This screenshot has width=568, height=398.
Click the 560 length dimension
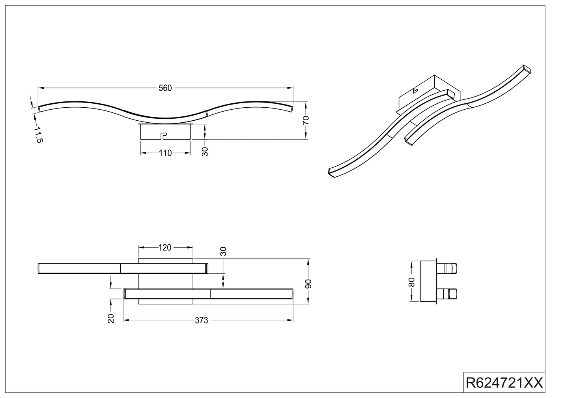165,88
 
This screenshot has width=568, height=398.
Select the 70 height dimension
306,120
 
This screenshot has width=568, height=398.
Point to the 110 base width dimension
165,153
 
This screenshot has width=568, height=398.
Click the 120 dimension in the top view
165,247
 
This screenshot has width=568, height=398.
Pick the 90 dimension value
308,284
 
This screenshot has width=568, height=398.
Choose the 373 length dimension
201,320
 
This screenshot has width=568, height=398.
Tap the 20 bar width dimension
111,318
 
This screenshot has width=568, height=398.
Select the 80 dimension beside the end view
412,282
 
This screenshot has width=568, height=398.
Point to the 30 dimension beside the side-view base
205,151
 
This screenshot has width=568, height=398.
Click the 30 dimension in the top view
223,251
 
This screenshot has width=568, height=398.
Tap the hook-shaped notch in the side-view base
163,136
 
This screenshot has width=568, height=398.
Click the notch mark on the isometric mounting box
415,90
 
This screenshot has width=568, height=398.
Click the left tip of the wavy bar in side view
39,109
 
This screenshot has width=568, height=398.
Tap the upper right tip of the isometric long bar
527,70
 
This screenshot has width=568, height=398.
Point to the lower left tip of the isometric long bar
331,172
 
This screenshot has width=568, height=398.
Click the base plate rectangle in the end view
428,281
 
